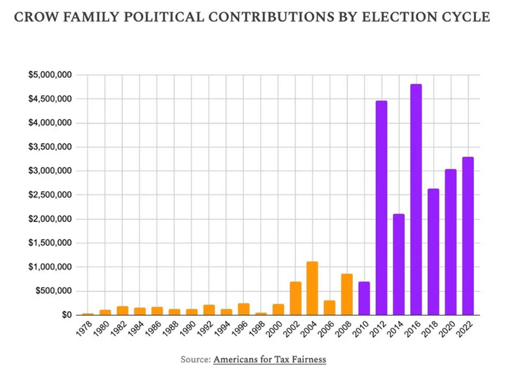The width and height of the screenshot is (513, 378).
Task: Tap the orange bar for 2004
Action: click(312, 289)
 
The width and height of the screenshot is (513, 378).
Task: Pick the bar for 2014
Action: click(399, 265)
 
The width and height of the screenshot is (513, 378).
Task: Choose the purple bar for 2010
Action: click(364, 299)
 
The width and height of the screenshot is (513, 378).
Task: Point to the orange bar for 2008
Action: click(347, 294)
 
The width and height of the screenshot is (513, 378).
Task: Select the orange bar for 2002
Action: click(295, 299)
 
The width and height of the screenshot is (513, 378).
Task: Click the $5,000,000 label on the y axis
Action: click(50, 75)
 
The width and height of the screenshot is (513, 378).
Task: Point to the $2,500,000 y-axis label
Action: click(50, 195)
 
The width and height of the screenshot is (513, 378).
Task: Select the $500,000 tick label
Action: click(54, 291)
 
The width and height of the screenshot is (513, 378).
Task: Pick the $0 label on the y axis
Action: click(66, 315)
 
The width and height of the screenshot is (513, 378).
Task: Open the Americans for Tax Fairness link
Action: click(270, 359)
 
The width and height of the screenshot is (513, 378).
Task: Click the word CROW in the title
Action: click(35, 17)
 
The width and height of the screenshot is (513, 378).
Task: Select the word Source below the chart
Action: click(195, 359)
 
